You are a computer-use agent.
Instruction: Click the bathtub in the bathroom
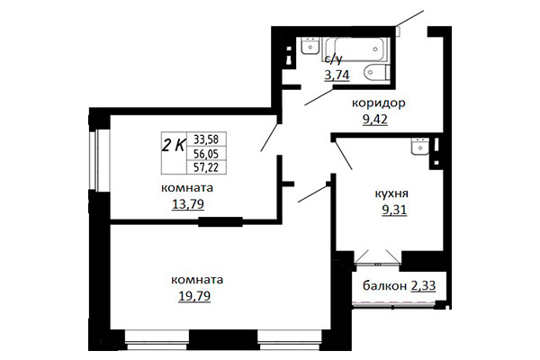point(355,49)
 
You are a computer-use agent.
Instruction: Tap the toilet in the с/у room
point(377,72)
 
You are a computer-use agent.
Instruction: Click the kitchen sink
point(419,147)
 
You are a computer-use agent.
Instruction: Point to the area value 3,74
point(337,75)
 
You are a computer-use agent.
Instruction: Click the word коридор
point(379,103)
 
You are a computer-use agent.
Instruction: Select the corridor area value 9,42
point(374,119)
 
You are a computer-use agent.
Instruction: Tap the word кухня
point(391,193)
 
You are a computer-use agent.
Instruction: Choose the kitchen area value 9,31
point(394,210)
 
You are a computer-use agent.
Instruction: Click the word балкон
point(384,285)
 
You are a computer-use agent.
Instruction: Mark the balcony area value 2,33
point(423,285)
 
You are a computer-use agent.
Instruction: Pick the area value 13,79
point(188,204)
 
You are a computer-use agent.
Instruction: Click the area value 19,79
point(194,296)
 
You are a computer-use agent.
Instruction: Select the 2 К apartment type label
point(174,146)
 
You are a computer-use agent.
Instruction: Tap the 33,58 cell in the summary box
point(206,139)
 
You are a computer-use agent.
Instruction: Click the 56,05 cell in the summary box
point(206,153)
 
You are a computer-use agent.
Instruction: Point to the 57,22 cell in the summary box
point(206,167)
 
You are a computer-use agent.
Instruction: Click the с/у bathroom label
point(333,59)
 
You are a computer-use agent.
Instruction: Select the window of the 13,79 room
point(99,160)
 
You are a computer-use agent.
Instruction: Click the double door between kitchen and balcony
point(377,258)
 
